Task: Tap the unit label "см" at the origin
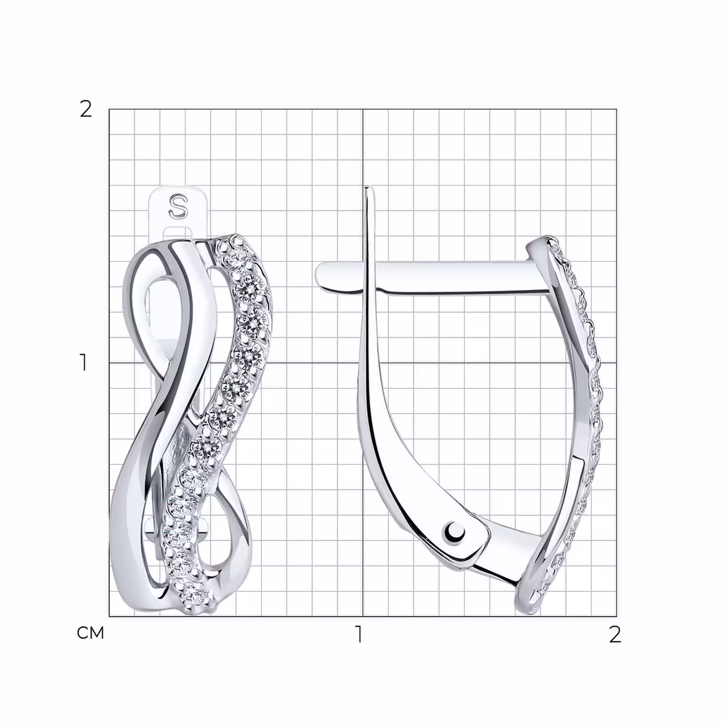click(x=91, y=633)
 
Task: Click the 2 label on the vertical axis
click(x=86, y=109)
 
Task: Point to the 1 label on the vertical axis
click(x=83, y=362)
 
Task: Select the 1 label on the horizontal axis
click(x=359, y=634)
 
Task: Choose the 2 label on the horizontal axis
click(x=614, y=634)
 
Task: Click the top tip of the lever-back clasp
click(x=369, y=188)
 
